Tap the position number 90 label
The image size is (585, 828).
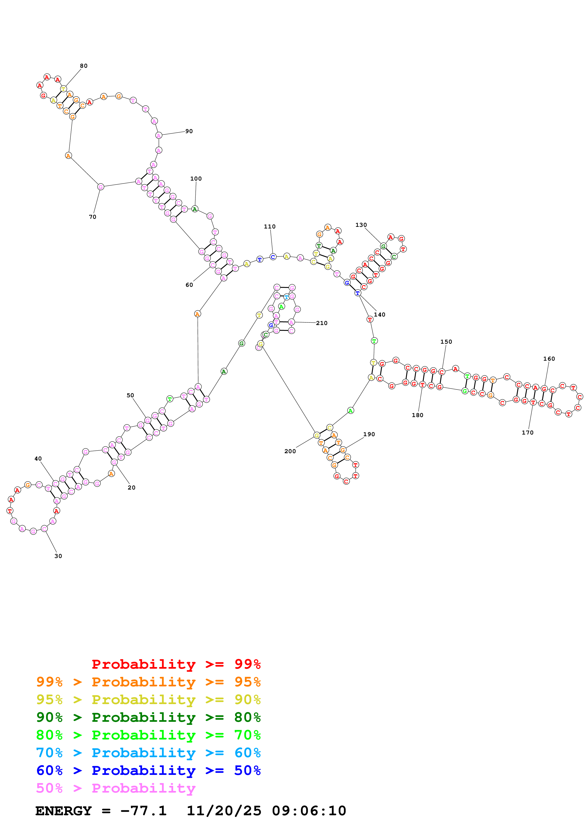coord(189,131)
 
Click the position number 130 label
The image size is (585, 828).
coord(361,225)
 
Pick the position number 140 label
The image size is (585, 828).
coord(379,314)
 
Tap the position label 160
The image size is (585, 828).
coord(549,359)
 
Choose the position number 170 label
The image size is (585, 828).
coord(527,432)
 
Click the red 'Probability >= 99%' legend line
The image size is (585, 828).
coord(176,664)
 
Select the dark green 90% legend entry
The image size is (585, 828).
coord(148,717)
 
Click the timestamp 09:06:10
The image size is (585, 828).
coord(309,811)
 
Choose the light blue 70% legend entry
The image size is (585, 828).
coord(148,753)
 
